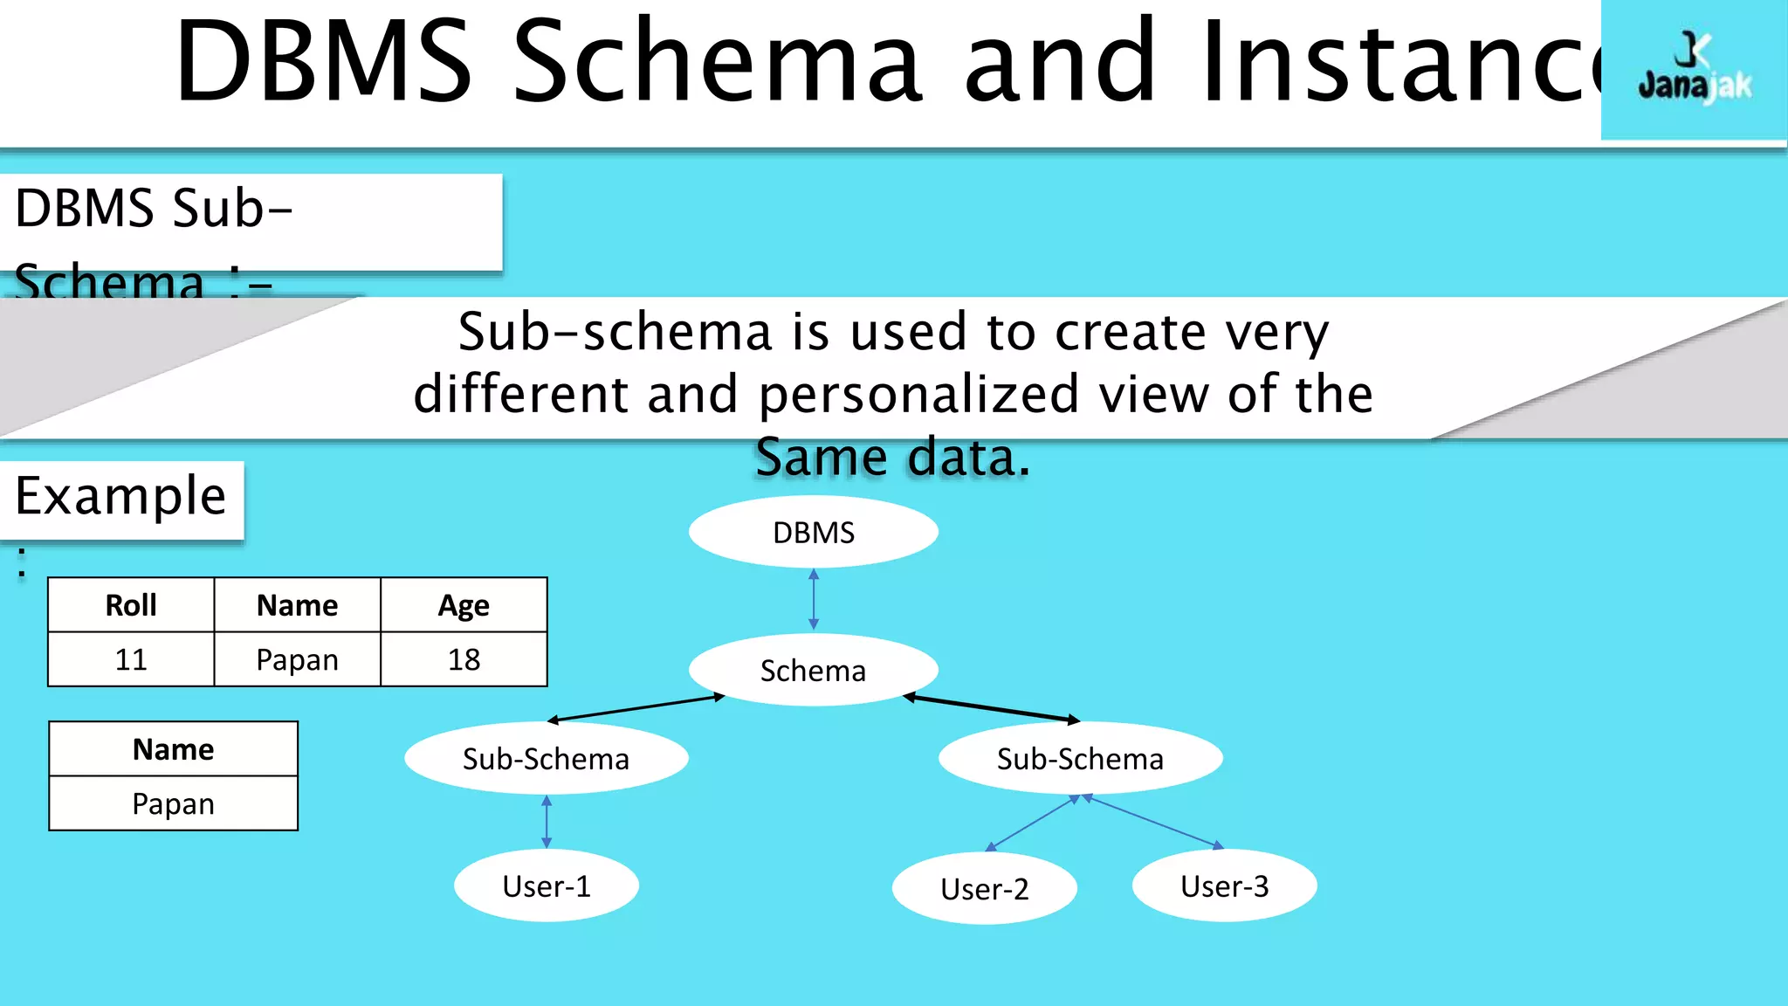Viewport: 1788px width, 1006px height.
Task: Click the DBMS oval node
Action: pyautogui.click(x=813, y=532)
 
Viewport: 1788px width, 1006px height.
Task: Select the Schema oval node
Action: pyautogui.click(x=813, y=670)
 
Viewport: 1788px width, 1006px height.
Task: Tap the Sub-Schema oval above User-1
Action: pyautogui.click(x=546, y=758)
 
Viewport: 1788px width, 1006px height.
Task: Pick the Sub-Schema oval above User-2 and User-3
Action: pyautogui.click(x=1080, y=758)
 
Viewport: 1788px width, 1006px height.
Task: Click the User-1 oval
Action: pyautogui.click(x=547, y=885)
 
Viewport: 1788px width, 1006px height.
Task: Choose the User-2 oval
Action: pyautogui.click(x=984, y=888)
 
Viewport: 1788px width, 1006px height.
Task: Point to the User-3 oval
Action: pyautogui.click(x=1224, y=885)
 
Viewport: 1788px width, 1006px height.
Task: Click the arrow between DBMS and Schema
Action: pyautogui.click(x=814, y=599)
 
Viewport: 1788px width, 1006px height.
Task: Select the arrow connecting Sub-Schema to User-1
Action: pyautogui.click(x=547, y=821)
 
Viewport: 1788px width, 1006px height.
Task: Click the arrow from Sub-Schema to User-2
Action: pyautogui.click(x=1034, y=823)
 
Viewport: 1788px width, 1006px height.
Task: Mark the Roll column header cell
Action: pyautogui.click(x=131, y=605)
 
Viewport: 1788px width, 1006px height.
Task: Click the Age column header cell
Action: pyautogui.click(x=464, y=605)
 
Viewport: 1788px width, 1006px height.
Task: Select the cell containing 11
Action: pyautogui.click(x=131, y=659)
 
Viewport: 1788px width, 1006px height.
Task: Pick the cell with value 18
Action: pyautogui.click(x=464, y=659)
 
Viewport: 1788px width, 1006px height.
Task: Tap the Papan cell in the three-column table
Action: pyautogui.click(x=297, y=659)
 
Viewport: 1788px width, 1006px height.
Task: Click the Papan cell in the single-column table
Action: pyautogui.click(x=173, y=803)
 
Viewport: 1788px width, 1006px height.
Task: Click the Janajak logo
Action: pyautogui.click(x=1694, y=70)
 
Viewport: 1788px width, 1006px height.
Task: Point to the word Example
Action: pyautogui.click(x=120, y=496)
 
